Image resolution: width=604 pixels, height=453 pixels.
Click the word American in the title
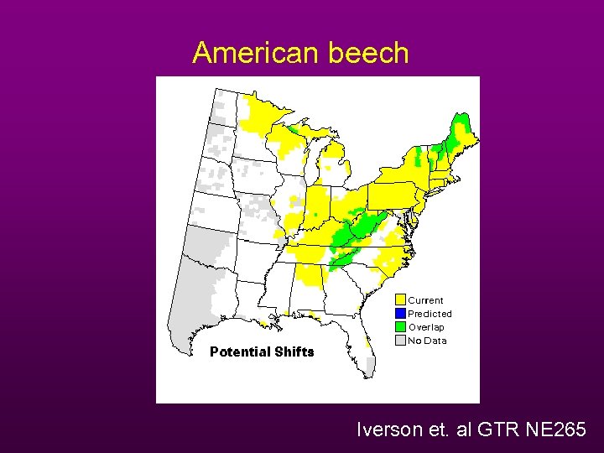pyautogui.click(x=251, y=53)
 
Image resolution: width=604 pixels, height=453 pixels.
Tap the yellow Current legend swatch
pyautogui.click(x=401, y=299)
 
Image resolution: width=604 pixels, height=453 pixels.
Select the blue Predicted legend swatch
pyautogui.click(x=401, y=313)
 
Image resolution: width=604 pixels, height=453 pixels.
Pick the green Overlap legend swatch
pyautogui.click(x=401, y=326)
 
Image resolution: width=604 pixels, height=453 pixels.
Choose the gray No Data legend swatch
pyautogui.click(x=401, y=340)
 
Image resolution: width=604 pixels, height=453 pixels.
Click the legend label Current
pyautogui.click(x=426, y=300)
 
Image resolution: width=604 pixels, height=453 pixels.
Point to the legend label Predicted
pyautogui.click(x=430, y=314)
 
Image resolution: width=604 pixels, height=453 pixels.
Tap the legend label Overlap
pyautogui.click(x=427, y=327)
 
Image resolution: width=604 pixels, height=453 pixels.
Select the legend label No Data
pyautogui.click(x=428, y=341)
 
